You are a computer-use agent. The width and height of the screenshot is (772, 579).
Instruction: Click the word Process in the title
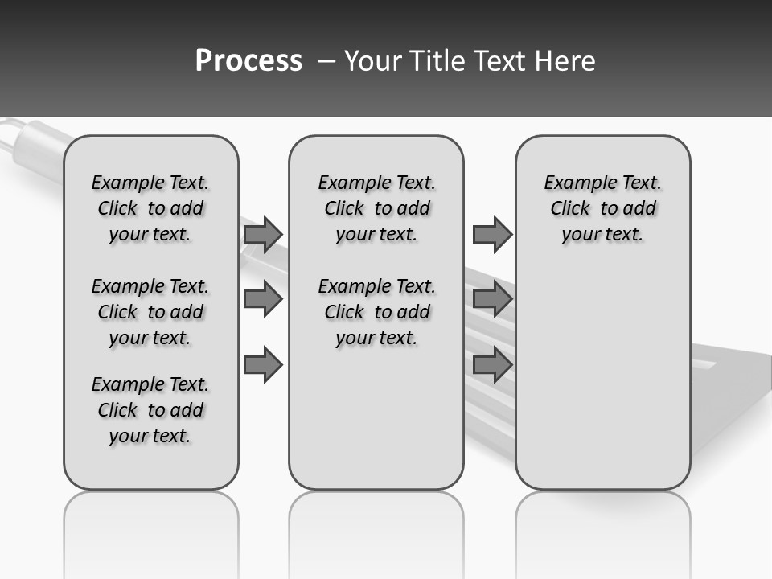coord(248,61)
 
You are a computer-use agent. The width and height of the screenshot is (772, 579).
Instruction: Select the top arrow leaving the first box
coord(262,234)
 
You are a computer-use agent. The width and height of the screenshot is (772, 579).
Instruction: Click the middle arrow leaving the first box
coord(262,299)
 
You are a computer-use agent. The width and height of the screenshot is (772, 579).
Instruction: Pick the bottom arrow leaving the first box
coord(262,364)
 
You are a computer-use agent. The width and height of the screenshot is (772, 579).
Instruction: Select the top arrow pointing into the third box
coord(492,234)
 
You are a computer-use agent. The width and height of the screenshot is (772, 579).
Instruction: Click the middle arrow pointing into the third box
coord(492,299)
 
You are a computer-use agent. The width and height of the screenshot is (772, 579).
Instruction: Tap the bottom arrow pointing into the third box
coord(492,364)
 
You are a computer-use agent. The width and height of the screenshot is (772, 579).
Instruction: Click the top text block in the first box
coord(150,208)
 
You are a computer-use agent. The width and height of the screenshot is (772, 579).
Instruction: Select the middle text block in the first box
coord(150,312)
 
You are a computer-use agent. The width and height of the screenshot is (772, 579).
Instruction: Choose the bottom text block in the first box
coord(150,410)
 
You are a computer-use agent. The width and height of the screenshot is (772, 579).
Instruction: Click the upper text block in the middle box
coord(376,208)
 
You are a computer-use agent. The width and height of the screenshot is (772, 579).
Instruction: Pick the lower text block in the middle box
coord(376,312)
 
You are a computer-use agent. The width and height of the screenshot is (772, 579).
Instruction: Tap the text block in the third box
coord(603,208)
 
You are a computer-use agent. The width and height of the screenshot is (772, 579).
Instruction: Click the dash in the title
coord(326,61)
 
